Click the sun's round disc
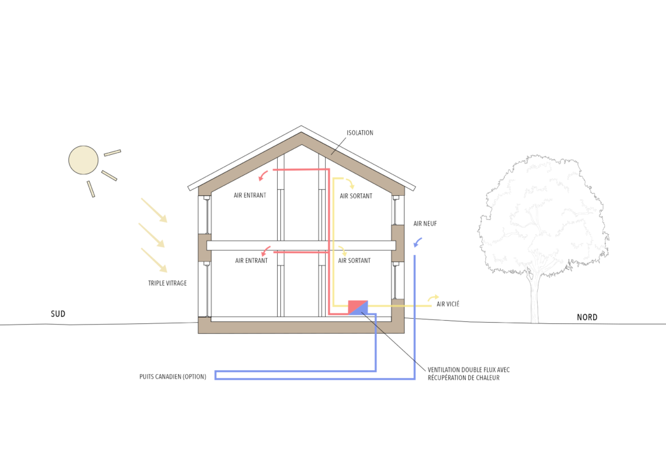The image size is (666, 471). click(84, 160)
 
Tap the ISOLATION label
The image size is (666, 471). click(360, 133)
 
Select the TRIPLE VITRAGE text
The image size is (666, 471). click(167, 284)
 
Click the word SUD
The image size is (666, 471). click(58, 314)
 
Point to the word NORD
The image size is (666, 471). click(587, 317)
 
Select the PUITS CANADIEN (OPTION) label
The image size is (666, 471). click(172, 377)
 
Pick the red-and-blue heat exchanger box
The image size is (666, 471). click(358, 307)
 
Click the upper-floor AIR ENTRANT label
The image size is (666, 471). click(250, 195)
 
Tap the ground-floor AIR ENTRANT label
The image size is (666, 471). click(251, 260)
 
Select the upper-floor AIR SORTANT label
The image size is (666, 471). click(356, 195)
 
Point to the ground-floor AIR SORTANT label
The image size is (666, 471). click(354, 260)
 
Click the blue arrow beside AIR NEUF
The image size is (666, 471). click(418, 243)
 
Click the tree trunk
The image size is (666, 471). click(535, 299)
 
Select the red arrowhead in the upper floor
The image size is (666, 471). click(262, 176)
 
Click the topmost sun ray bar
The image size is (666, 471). click(113, 154)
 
